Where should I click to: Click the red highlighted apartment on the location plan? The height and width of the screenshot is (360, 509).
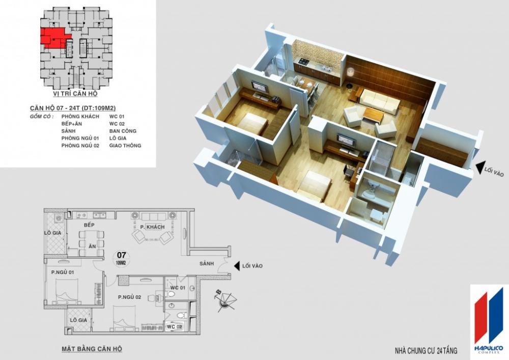52,37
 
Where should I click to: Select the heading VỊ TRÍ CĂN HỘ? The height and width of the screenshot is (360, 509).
75,94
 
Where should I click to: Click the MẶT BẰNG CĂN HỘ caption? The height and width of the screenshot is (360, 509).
92,349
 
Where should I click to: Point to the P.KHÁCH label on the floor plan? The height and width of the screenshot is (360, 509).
152,227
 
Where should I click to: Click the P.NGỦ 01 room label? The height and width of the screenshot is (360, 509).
63,272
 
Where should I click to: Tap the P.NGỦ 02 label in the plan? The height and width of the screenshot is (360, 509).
129,297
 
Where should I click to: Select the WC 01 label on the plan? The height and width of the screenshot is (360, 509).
178,288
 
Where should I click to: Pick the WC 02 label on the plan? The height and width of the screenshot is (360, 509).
174,326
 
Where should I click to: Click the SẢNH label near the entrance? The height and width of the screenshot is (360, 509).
207,264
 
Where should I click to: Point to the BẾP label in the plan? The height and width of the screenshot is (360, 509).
89,225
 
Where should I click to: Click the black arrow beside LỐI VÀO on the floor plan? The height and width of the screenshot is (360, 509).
237,266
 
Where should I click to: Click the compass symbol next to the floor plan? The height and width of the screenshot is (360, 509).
225,300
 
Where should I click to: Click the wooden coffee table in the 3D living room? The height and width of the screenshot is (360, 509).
373,115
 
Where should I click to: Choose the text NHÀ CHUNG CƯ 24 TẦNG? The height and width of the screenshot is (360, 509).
426,351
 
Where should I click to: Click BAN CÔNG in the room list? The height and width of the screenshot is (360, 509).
123,131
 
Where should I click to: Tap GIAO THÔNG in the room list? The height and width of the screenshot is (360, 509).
125,146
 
